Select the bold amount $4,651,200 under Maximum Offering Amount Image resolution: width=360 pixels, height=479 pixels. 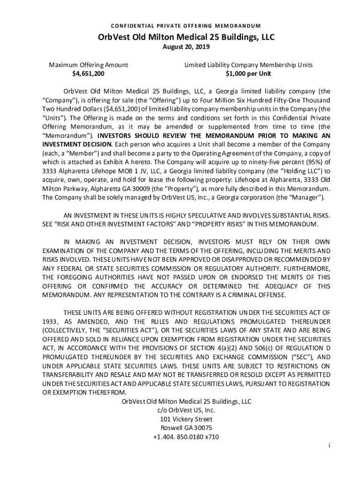coord(88,74)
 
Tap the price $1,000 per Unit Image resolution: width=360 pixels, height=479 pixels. coord(248,74)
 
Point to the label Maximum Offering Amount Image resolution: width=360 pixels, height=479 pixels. coord(88,65)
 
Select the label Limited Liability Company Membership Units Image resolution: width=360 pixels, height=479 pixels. coord(248,65)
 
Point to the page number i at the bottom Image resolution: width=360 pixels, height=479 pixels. coord(329,446)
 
